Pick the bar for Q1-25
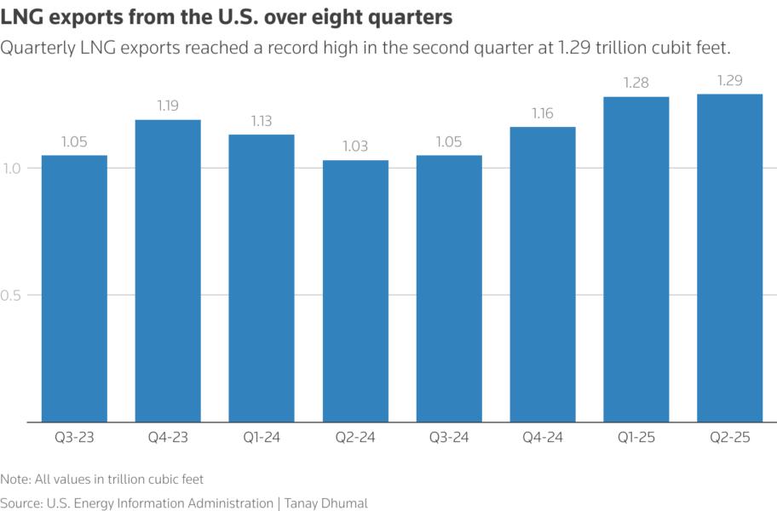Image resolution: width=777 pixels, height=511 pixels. pyautogui.click(x=636, y=259)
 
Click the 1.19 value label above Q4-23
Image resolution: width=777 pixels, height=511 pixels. pyautogui.click(x=168, y=106)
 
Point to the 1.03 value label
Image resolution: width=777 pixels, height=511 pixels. pyautogui.click(x=355, y=146)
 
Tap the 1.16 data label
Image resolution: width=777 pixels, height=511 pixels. pyautogui.click(x=542, y=113)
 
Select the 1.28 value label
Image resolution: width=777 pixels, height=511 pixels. pyautogui.click(x=636, y=83)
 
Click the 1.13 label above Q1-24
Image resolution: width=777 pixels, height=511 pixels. pyautogui.click(x=262, y=121)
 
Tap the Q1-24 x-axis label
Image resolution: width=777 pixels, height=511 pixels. pyautogui.click(x=262, y=438)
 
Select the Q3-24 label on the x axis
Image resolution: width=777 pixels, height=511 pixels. pyautogui.click(x=448, y=438)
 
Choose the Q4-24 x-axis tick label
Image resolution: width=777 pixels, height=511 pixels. pyautogui.click(x=542, y=438)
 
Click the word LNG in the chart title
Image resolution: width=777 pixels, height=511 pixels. pyautogui.click(x=20, y=16)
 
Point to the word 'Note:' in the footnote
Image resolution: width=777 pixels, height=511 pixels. pyautogui.click(x=16, y=479)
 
